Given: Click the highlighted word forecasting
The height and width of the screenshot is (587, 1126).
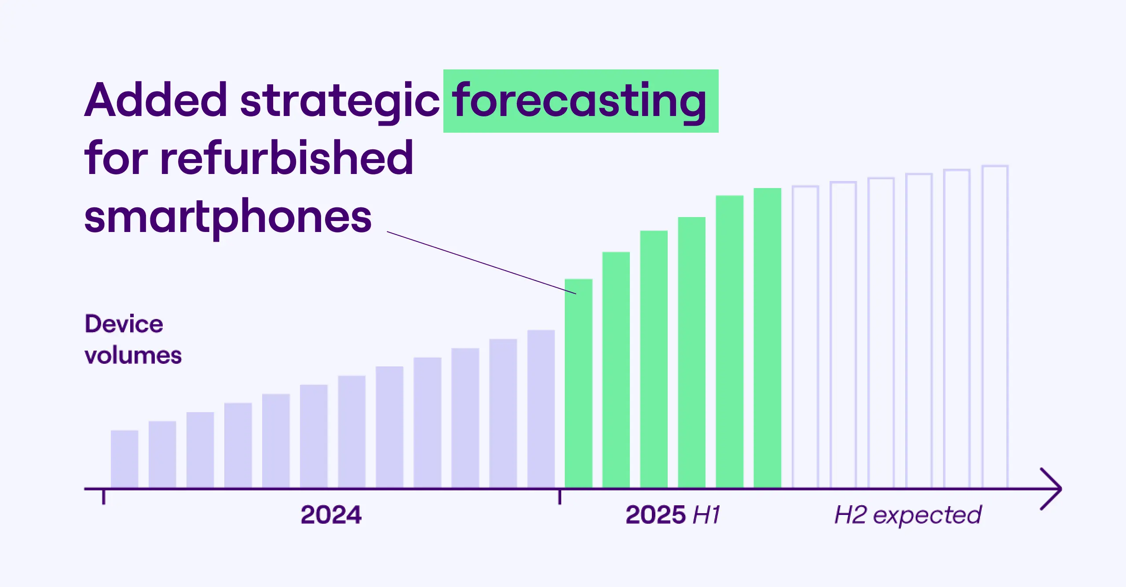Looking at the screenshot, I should coord(580,101).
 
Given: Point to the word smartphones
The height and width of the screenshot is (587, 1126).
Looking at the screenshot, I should coord(228,217).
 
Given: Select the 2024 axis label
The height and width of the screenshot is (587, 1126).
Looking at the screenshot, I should coord(331,515).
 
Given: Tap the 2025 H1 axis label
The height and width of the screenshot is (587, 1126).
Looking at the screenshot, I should coord(672,515).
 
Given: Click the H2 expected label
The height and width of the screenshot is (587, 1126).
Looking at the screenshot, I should coord(908,515).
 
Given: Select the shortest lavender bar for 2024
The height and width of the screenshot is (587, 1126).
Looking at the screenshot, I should coord(124,459).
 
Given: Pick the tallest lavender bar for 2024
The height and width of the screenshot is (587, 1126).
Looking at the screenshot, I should coord(541,409).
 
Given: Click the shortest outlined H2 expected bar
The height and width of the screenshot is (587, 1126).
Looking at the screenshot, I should coord(805,337).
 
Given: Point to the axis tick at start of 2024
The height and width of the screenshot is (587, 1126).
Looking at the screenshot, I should coord(104,497).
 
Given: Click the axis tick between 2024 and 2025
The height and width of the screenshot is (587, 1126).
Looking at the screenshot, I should coord(559,497).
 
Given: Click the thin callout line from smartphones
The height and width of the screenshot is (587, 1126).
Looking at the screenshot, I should coord(481,263).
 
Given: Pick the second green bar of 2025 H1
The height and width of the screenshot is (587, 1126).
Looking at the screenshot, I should coord(616,369).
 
